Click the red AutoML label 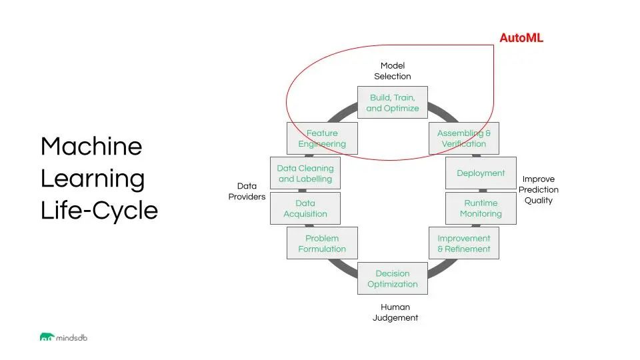pyautogui.click(x=521, y=38)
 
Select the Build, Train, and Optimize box pyautogui.click(x=393, y=103)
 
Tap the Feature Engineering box pyautogui.click(x=322, y=139)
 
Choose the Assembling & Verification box pyautogui.click(x=464, y=139)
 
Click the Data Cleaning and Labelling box pyautogui.click(x=305, y=173)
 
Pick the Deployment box pyautogui.click(x=481, y=173)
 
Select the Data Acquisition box pyautogui.click(x=305, y=209)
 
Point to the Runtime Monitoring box pyautogui.click(x=481, y=209)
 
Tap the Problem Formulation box pyautogui.click(x=322, y=243)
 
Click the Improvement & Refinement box pyautogui.click(x=464, y=243)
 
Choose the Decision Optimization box pyautogui.click(x=393, y=279)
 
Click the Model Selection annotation pyautogui.click(x=393, y=71)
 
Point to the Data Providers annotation pyautogui.click(x=247, y=191)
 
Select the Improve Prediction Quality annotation pyautogui.click(x=539, y=190)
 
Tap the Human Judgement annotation pyautogui.click(x=395, y=313)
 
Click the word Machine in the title pyautogui.click(x=91, y=147)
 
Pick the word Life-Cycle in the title pyautogui.click(x=99, y=211)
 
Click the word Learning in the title pyautogui.click(x=93, y=179)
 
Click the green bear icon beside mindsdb pyautogui.click(x=47, y=337)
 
